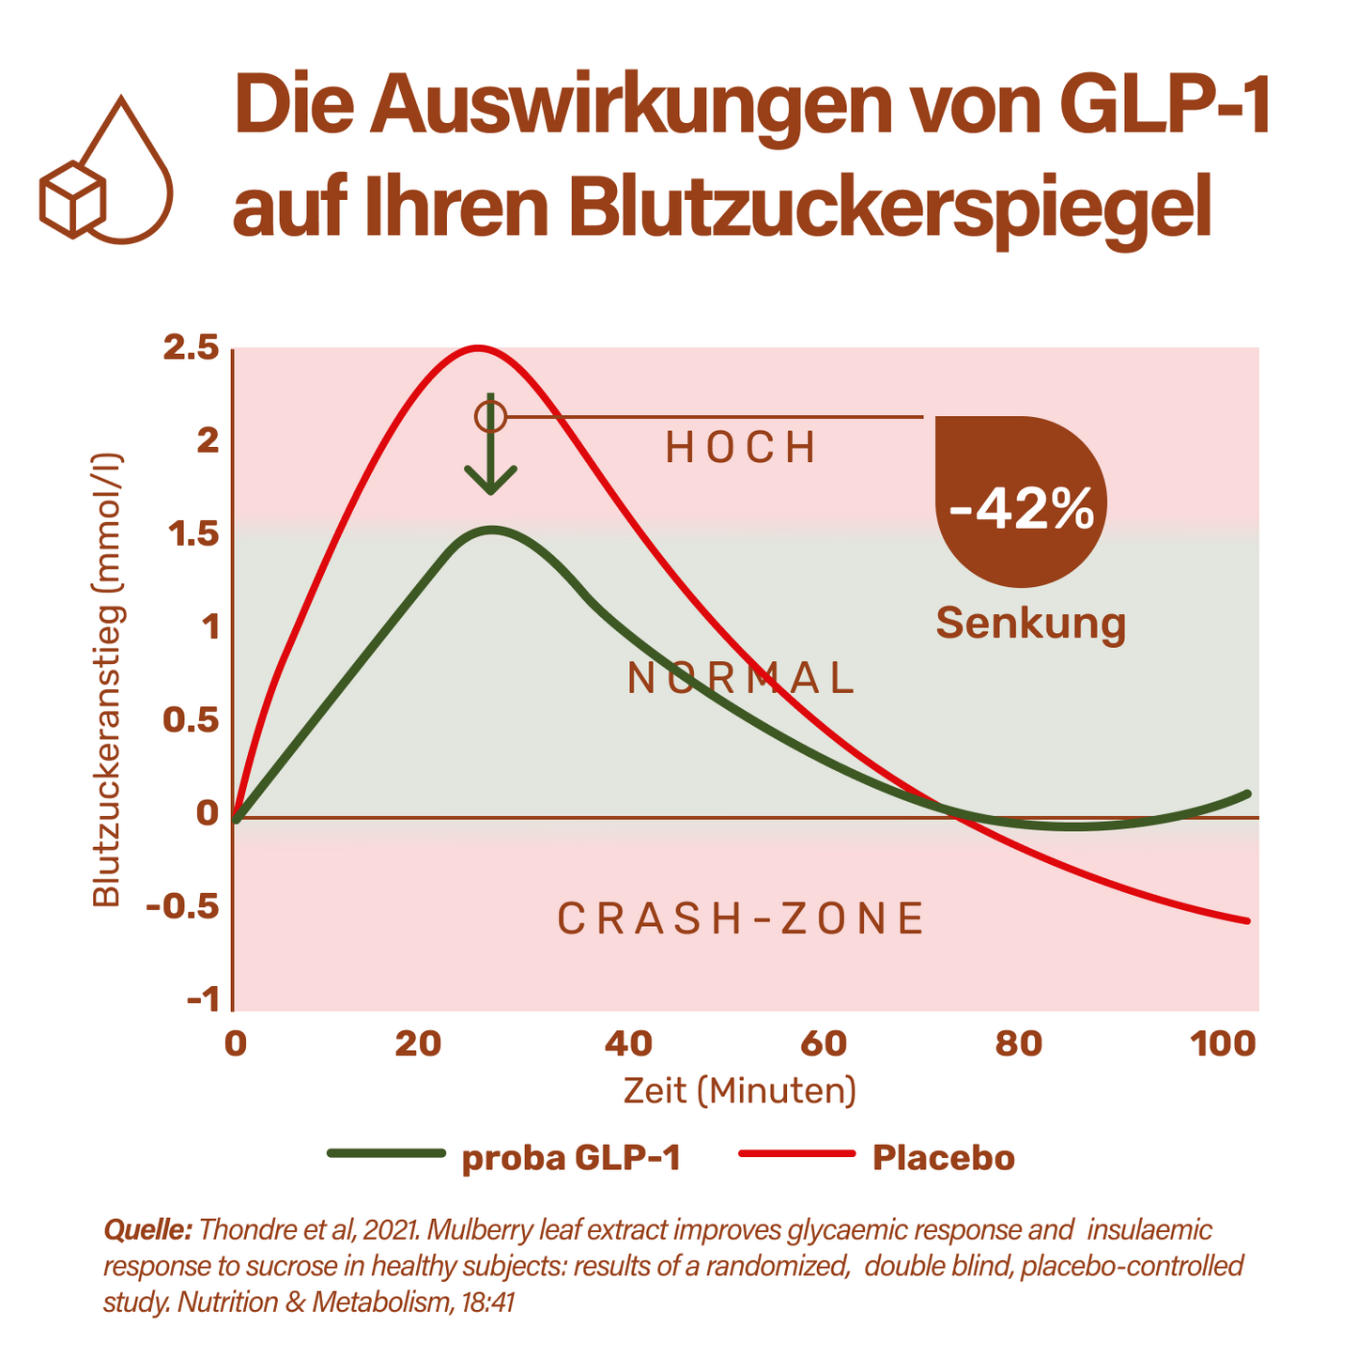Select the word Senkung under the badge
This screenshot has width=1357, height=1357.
point(1030,623)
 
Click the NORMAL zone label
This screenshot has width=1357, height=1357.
point(741,678)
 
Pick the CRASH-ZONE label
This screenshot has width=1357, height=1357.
point(741,918)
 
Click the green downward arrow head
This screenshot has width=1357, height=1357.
point(490,482)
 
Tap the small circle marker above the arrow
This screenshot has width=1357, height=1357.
point(490,415)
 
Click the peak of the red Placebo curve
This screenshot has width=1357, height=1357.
point(478,348)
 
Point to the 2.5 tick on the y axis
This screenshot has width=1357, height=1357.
point(191,348)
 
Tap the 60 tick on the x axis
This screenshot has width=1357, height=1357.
point(824,1043)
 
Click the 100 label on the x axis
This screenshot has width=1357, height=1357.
point(1222,1043)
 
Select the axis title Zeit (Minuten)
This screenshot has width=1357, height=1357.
point(740,1091)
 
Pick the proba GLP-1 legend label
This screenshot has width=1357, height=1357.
point(570,1158)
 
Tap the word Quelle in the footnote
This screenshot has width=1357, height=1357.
point(148,1230)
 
